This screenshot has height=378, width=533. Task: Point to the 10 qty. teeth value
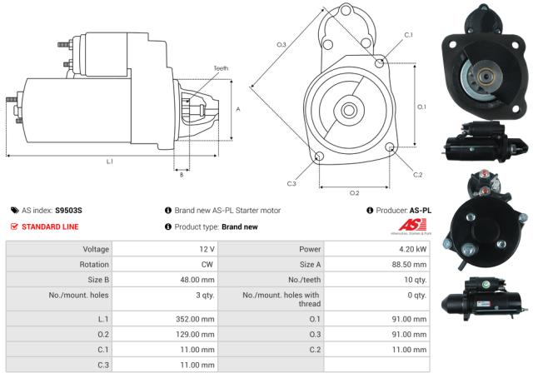click(413, 279)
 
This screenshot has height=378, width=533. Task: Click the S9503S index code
click(68, 211)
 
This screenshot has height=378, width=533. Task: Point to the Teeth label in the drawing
click(221, 68)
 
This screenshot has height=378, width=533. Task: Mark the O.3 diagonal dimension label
click(281, 44)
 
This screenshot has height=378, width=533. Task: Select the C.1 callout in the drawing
click(408, 35)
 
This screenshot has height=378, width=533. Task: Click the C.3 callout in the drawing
click(291, 183)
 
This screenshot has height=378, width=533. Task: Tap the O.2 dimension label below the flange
click(354, 192)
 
